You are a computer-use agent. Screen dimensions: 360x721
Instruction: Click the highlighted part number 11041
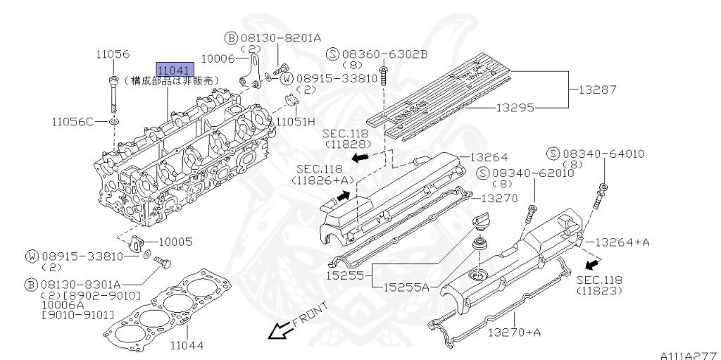pos(174,70)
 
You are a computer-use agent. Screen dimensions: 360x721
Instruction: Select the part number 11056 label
pos(113,54)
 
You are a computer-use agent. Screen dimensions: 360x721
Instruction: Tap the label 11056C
pos(72,123)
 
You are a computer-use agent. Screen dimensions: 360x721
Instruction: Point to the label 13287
pos(597,90)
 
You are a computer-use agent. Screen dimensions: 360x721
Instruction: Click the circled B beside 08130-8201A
pos(230,37)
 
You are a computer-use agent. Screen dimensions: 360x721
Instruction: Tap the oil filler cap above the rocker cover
pos(479,221)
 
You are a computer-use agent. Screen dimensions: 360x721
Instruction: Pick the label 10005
pos(180,241)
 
